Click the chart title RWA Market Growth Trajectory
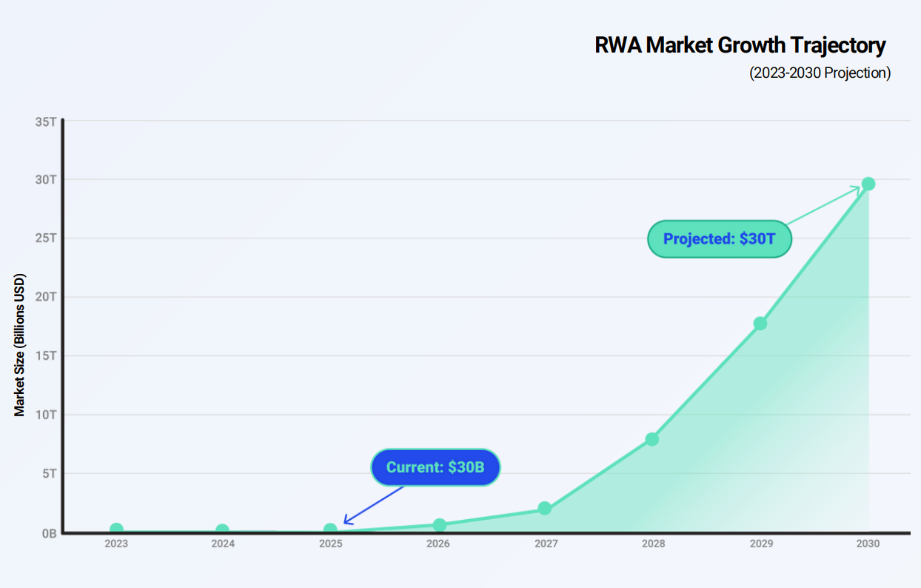pyautogui.click(x=740, y=45)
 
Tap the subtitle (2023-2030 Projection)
pyautogui.click(x=820, y=73)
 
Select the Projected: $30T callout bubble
pyautogui.click(x=720, y=239)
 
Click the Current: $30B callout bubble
pyautogui.click(x=435, y=468)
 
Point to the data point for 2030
pyautogui.click(x=868, y=184)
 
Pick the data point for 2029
pyautogui.click(x=760, y=324)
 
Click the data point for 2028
pyautogui.click(x=652, y=439)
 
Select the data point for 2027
pyautogui.click(x=545, y=508)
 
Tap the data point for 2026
pyautogui.click(x=440, y=525)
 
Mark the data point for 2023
pyautogui.click(x=116, y=529)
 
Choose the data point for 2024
pyautogui.click(x=222, y=530)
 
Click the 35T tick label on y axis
pyautogui.click(x=46, y=121)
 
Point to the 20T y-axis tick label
pyautogui.click(x=46, y=297)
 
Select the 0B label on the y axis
pyautogui.click(x=49, y=532)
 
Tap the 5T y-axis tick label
pyautogui.click(x=49, y=473)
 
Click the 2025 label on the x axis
pyautogui.click(x=330, y=544)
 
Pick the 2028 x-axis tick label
pyautogui.click(x=653, y=544)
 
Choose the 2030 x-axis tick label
pyautogui.click(x=868, y=544)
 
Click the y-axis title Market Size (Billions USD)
pyautogui.click(x=20, y=346)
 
